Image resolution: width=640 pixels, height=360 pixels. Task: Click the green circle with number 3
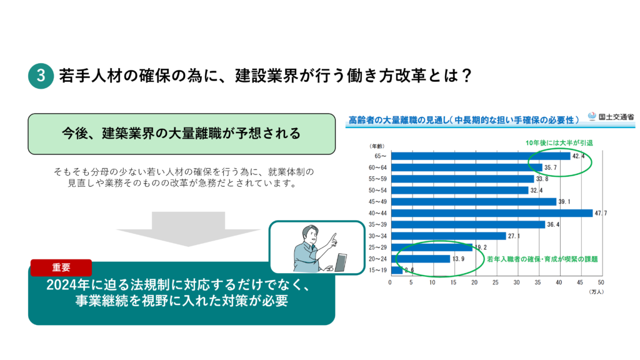click(x=41, y=76)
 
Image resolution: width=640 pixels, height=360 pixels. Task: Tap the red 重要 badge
click(x=61, y=267)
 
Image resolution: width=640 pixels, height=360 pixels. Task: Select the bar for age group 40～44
click(x=492, y=213)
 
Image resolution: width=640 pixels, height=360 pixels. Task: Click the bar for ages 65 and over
click(x=481, y=156)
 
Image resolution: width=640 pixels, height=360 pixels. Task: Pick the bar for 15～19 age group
click(x=397, y=270)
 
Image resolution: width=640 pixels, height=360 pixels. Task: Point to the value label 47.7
click(x=601, y=213)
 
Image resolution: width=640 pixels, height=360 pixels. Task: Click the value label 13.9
click(x=458, y=259)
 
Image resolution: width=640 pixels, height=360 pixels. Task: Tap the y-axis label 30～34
click(x=377, y=236)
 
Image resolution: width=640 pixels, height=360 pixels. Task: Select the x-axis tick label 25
click(x=496, y=282)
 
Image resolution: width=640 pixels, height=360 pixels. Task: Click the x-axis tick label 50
click(x=601, y=282)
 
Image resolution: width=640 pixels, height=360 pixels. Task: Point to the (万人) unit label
click(x=596, y=292)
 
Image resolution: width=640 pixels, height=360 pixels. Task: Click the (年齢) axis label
click(x=377, y=146)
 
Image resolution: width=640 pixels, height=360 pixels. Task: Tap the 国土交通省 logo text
click(x=616, y=117)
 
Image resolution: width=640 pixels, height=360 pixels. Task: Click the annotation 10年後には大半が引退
click(x=559, y=143)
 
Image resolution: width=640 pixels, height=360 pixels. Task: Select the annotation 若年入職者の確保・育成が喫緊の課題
click(x=542, y=259)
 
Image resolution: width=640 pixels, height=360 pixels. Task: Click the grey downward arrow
click(x=188, y=229)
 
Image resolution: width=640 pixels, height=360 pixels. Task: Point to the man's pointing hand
click(x=334, y=240)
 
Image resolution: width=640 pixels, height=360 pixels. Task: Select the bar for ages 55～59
click(x=463, y=179)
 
